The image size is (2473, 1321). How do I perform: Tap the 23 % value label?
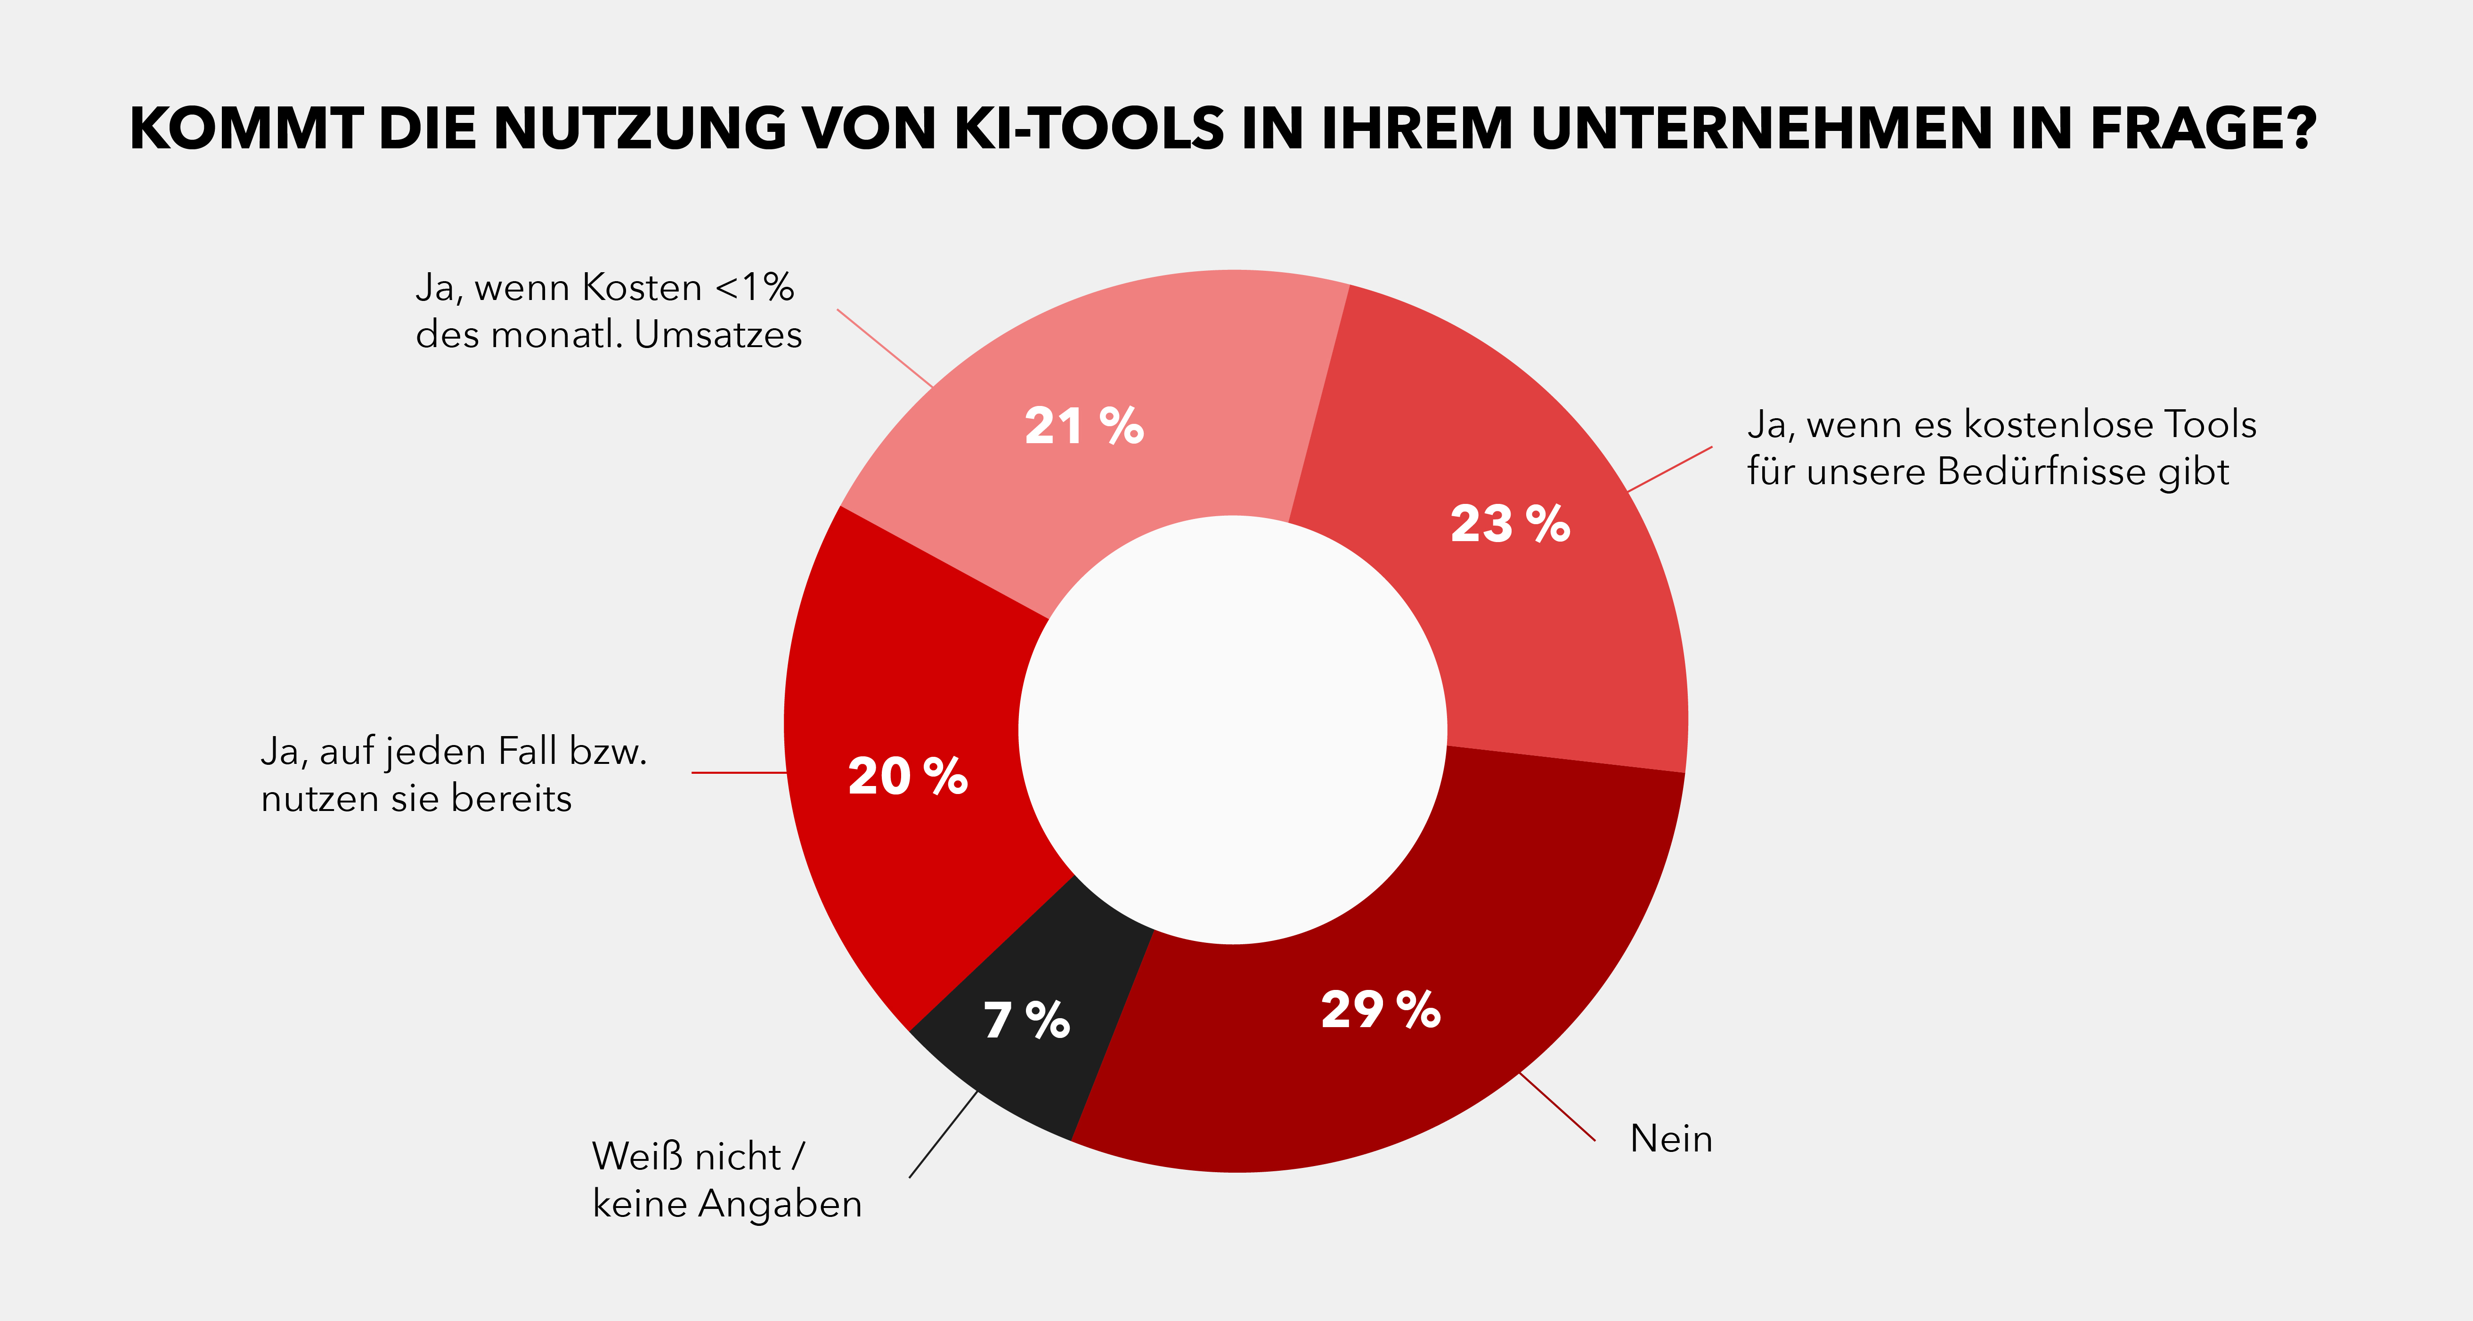point(1509,524)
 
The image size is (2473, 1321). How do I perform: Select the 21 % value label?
point(1084,426)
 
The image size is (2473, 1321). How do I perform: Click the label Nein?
point(1670,1139)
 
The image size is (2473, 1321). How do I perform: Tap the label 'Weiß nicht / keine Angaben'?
point(727,1180)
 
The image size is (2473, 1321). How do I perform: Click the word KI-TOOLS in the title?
point(1089,129)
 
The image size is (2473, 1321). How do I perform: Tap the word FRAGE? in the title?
point(2203,129)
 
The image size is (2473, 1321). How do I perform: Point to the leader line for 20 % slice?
point(739,772)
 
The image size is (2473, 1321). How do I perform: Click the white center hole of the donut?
point(1233,729)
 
